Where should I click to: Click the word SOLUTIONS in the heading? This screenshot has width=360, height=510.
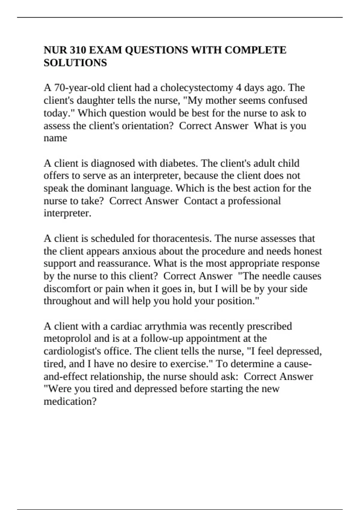pos(75,63)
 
